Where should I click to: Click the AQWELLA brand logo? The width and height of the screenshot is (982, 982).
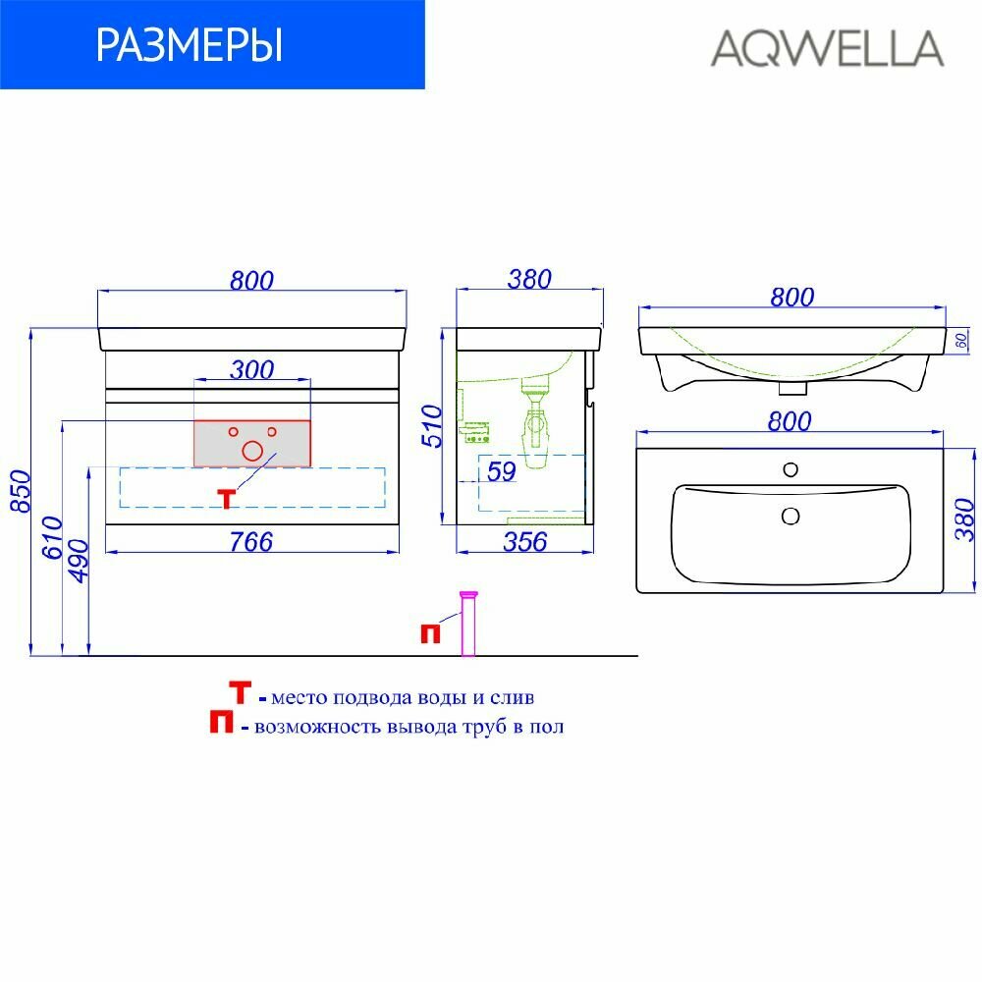point(827,47)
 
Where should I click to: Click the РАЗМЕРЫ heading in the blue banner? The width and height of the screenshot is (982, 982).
point(190,45)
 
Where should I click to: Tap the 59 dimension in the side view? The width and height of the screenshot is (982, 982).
point(501,471)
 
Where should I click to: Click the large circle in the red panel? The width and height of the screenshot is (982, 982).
point(252,451)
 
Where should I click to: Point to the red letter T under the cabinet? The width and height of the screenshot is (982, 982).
point(227,499)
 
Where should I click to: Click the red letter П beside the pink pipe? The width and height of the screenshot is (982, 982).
point(430,633)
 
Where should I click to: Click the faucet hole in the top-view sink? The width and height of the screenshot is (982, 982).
point(791,470)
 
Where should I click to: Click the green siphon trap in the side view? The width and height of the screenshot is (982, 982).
point(534,422)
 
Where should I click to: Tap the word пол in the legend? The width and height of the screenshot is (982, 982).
point(551,727)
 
